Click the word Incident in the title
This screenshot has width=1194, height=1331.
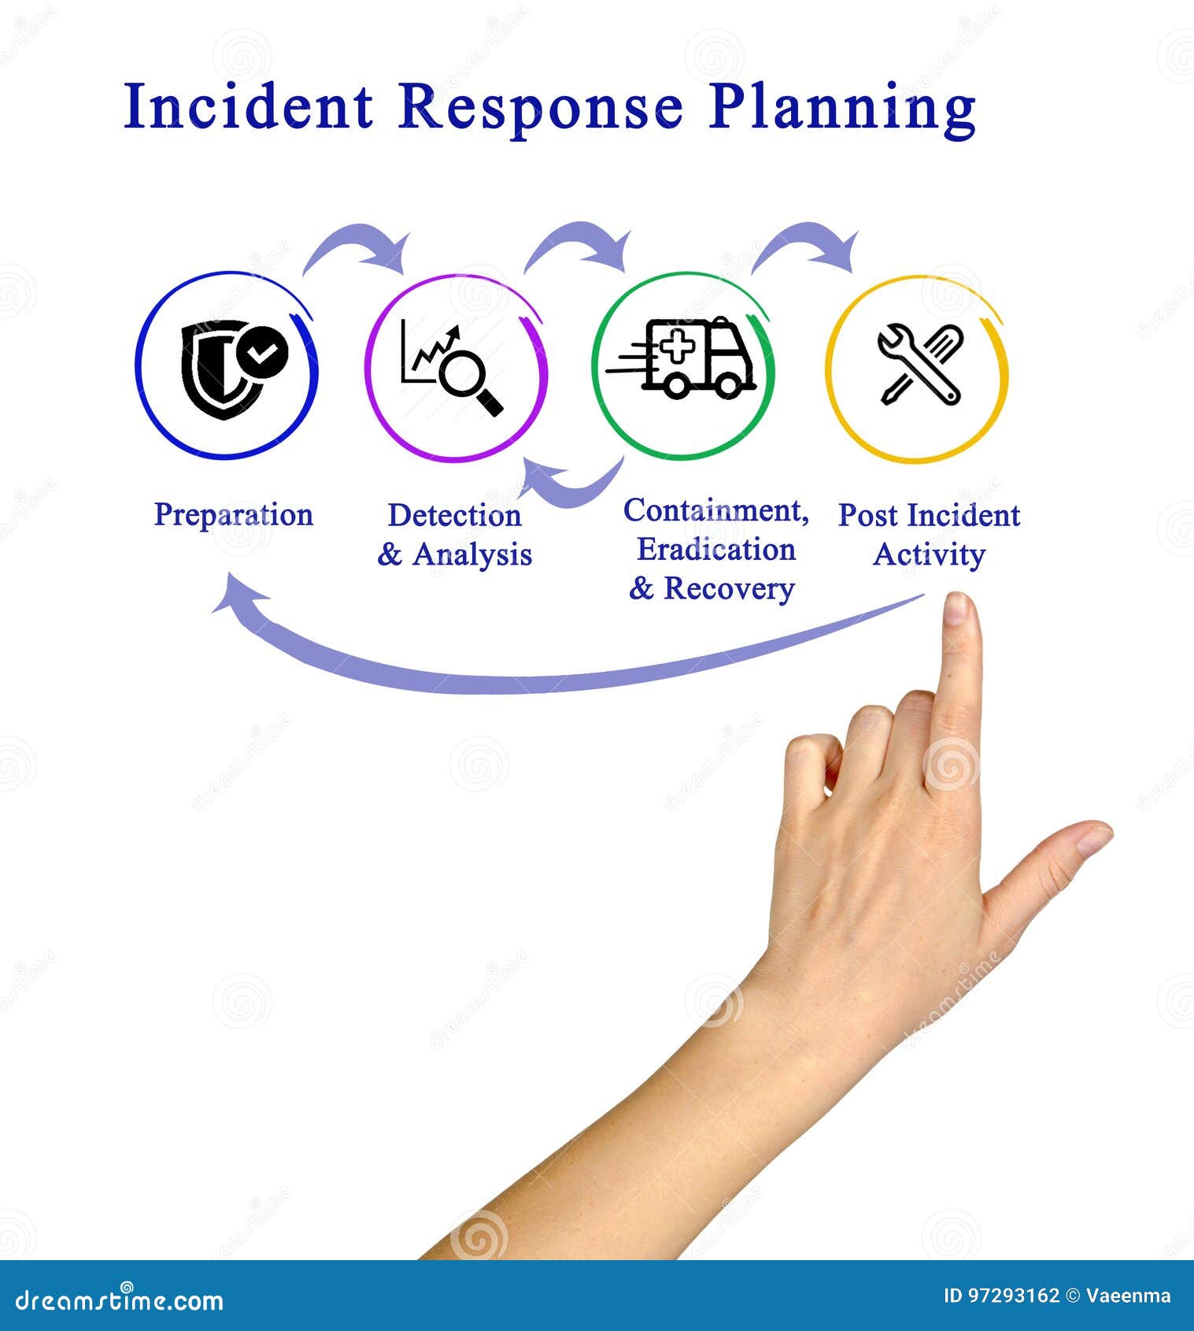[248, 107]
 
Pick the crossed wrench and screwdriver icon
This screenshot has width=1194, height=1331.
[919, 364]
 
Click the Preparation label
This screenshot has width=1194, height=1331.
[233, 515]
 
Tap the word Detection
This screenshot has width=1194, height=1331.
[454, 516]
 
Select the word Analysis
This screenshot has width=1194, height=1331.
[472, 554]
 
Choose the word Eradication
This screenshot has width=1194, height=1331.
[715, 550]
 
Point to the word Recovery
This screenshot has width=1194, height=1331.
[728, 588]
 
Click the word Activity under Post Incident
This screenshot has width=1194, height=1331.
[929, 554]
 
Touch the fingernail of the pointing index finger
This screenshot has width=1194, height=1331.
[956, 609]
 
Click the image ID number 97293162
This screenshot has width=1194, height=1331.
[1013, 1296]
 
